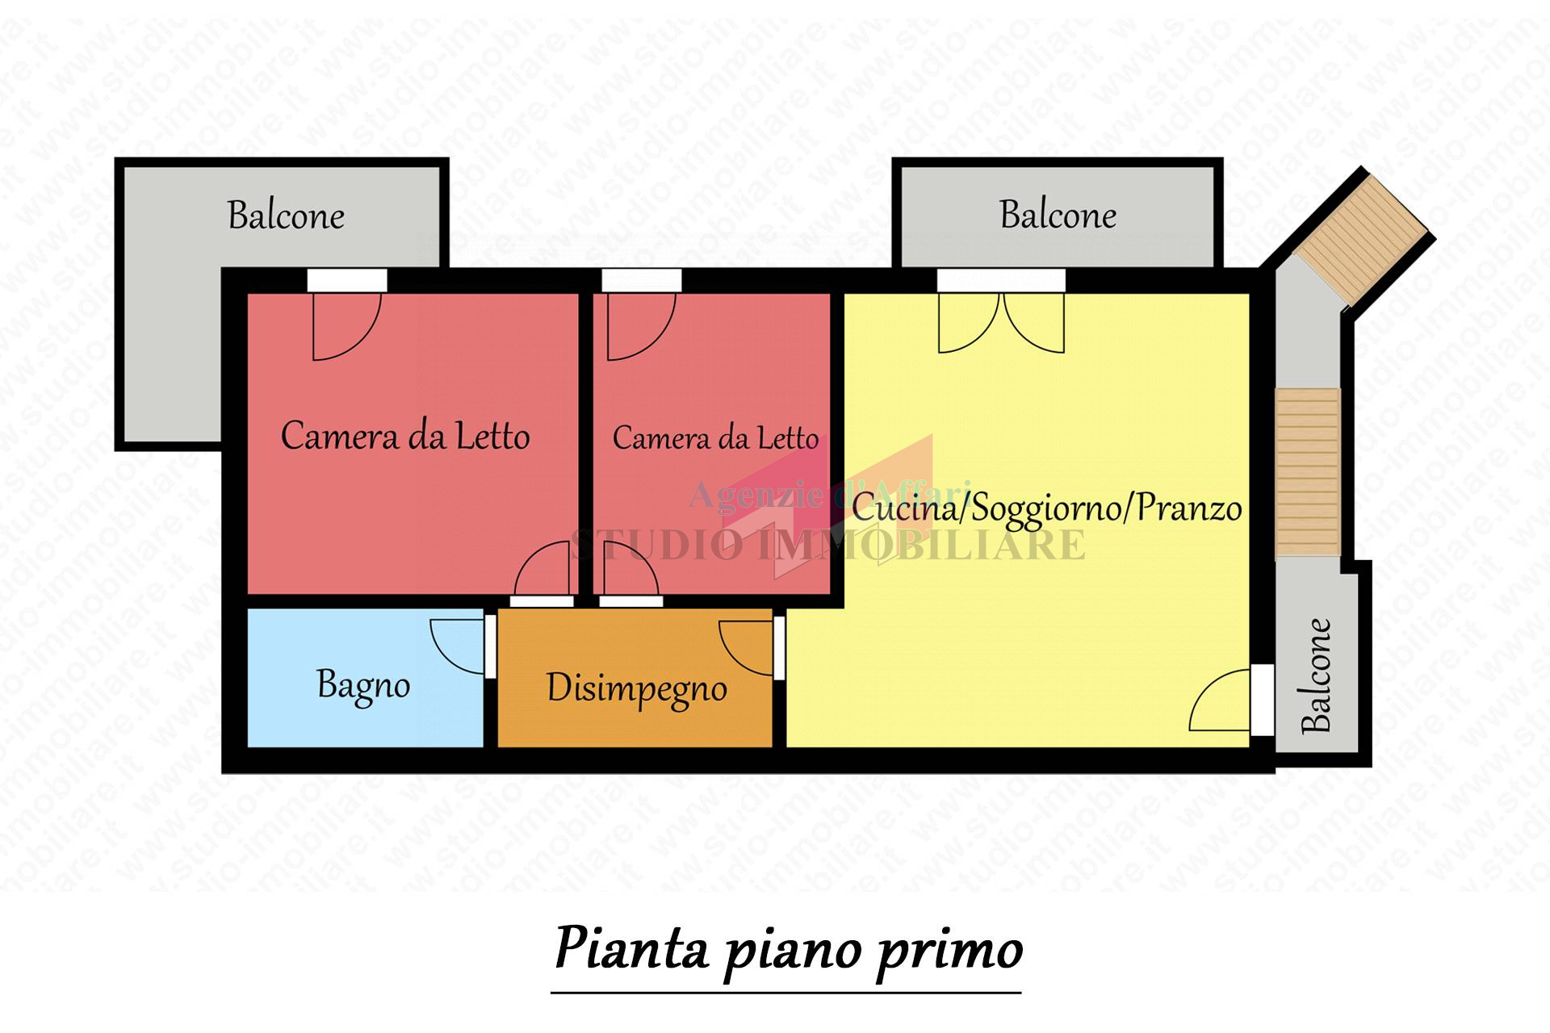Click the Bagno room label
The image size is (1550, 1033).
coord(363,686)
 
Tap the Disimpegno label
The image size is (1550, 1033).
coord(636,689)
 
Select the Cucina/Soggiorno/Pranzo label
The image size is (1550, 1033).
coord(1046,508)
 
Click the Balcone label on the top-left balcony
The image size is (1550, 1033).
coord(286,215)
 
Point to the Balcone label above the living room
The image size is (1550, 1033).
coord(1058,215)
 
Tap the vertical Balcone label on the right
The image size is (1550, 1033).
coord(1316,676)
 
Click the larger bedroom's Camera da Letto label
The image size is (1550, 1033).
coord(404,436)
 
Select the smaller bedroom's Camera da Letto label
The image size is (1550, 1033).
coord(715,437)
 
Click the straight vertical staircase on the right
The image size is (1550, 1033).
coord(1308,472)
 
